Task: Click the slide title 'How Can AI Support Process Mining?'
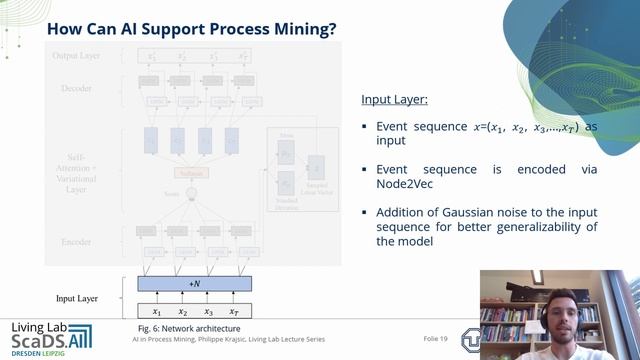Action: [x=191, y=29]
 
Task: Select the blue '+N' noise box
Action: [x=194, y=284]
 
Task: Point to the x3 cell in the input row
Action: [x=208, y=311]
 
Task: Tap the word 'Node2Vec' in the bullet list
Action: [x=404, y=184]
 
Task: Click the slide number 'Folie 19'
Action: [x=438, y=339]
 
